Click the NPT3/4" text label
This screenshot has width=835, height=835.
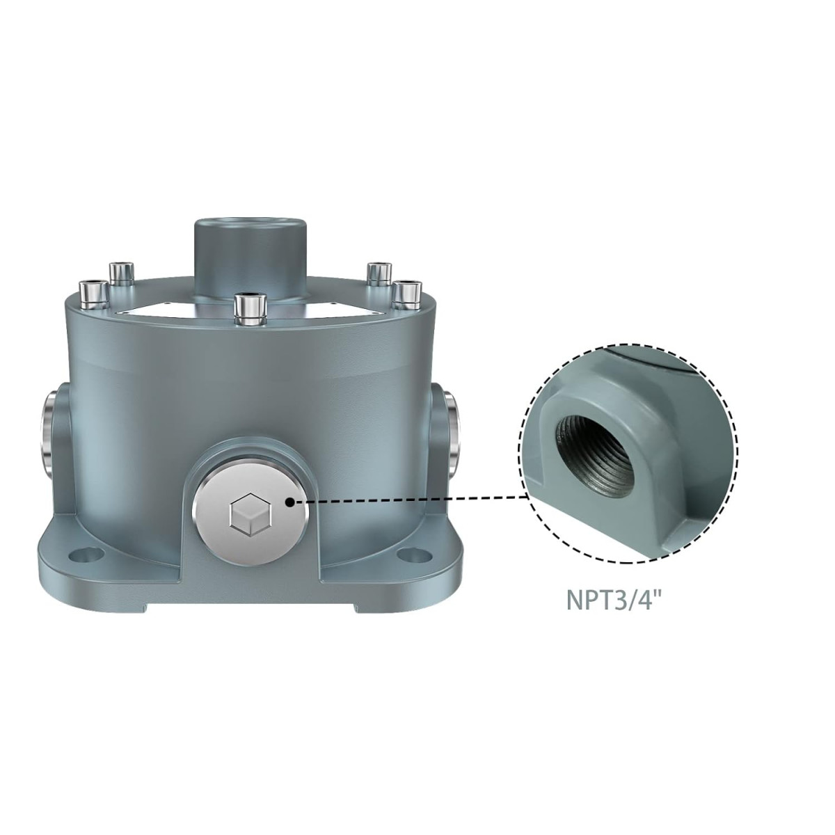611,599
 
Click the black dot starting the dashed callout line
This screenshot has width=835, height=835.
290,500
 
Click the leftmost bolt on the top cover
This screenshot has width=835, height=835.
93,294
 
